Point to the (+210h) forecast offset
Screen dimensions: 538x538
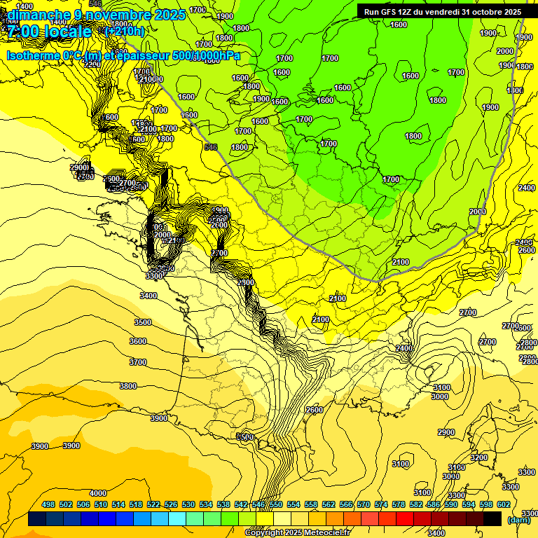pos(124,32)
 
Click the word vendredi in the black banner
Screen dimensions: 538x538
pos(443,12)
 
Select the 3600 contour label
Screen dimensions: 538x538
pos(138,341)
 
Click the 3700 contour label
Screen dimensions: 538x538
pos(138,362)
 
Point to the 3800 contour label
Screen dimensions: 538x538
pos(128,386)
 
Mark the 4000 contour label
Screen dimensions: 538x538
pos(98,493)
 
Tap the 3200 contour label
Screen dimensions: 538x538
pos(478,457)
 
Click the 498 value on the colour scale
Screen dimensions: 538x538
pos(48,504)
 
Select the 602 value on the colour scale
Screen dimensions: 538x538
pos(504,504)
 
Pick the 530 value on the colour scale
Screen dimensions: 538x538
pos(188,504)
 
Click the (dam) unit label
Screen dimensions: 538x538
pos(519,519)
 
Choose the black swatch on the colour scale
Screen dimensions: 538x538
pos(492,518)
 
